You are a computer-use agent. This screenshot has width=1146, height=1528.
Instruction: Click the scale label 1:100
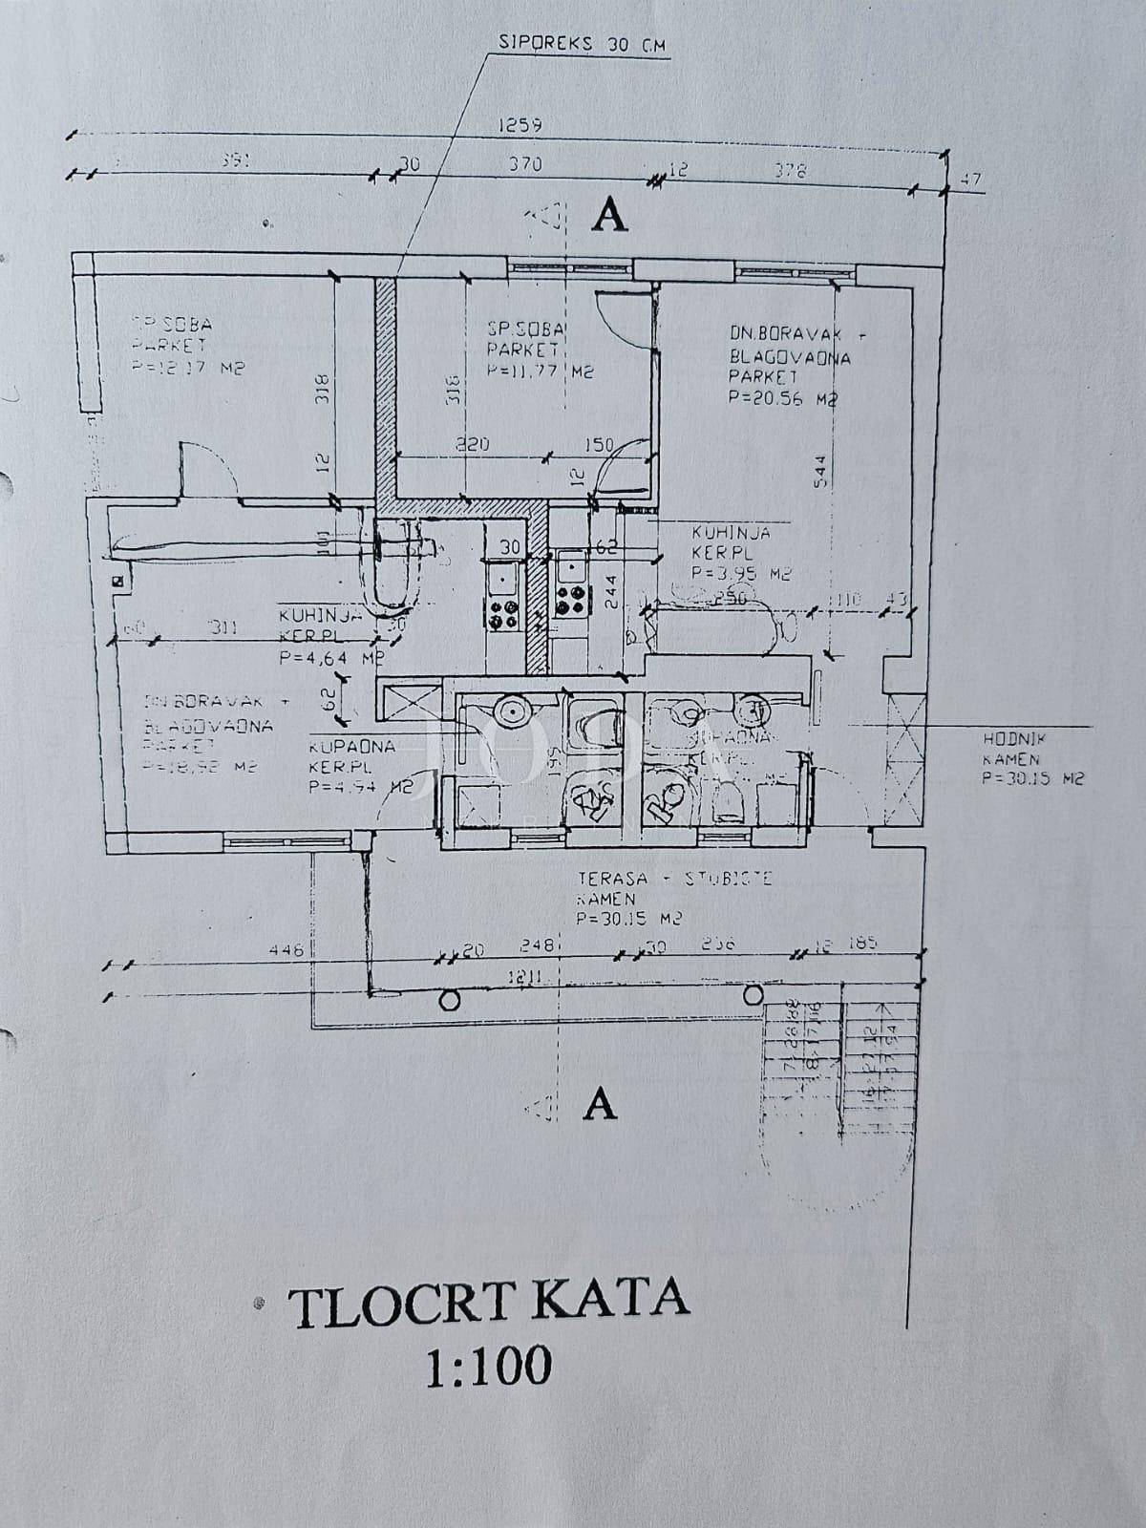tap(488, 1367)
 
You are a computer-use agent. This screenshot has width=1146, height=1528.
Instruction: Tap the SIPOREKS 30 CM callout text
tap(583, 43)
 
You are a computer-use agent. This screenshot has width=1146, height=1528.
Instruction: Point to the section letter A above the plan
tap(610, 217)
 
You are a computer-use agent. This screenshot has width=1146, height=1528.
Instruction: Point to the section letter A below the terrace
tap(600, 1104)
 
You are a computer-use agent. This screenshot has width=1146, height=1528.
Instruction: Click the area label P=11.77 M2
tap(540, 372)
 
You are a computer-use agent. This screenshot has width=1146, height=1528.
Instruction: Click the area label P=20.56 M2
tap(782, 400)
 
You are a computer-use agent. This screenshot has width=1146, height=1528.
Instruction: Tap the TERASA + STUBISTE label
tap(674, 878)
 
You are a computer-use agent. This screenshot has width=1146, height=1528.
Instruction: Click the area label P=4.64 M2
tap(330, 658)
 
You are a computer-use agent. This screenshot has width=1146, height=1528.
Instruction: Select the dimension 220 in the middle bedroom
tap(472, 444)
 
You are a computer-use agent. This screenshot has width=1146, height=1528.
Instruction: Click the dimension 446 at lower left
tap(286, 950)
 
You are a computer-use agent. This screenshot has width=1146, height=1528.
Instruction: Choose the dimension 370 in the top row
tap(524, 164)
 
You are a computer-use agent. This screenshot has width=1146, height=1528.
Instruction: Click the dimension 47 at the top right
tap(972, 179)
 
